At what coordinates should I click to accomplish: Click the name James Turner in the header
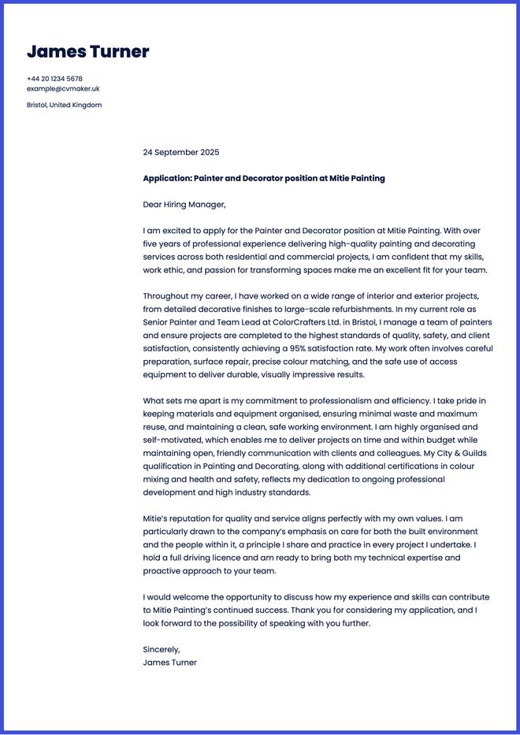tap(87, 52)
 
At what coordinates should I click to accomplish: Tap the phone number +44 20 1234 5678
tap(54, 79)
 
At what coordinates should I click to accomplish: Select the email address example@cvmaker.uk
tap(63, 89)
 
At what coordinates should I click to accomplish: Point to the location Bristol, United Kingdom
tap(64, 105)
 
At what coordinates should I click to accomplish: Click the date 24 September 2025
tap(181, 152)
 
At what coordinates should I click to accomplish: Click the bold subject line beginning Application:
tap(264, 178)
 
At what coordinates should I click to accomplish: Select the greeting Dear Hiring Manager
tap(184, 205)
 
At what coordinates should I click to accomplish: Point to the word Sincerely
tap(162, 650)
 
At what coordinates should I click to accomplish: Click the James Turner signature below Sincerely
tap(169, 663)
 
